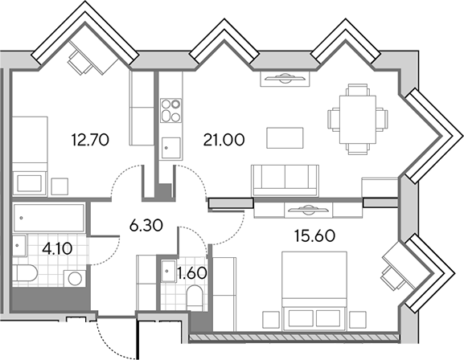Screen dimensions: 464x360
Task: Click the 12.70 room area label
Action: tap(90, 140)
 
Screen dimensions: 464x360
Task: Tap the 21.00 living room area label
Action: tap(224, 140)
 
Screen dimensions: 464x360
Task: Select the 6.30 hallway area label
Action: tap(146, 226)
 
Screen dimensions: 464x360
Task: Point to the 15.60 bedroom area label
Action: tap(314, 235)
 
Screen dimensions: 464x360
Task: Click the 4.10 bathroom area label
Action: tap(57, 249)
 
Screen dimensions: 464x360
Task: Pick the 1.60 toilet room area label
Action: tap(191, 273)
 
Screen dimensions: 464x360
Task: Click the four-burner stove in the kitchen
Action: tap(171, 111)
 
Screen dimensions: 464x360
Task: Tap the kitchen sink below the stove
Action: tap(171, 148)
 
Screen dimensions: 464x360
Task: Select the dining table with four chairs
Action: tap(358, 119)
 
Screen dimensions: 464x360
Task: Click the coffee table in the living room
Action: tap(285, 138)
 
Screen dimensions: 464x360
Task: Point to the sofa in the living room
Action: tap(285, 181)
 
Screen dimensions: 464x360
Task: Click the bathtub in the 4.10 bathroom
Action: tap(49, 218)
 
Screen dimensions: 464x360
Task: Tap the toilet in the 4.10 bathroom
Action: tap(25, 273)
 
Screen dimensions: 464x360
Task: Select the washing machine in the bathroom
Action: tap(75, 278)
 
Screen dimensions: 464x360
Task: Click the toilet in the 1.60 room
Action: tap(195, 298)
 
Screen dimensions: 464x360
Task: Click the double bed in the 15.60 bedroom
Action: tap(314, 291)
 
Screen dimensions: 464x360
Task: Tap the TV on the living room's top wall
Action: tap(285, 79)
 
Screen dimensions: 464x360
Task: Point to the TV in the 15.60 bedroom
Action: tap(308, 210)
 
